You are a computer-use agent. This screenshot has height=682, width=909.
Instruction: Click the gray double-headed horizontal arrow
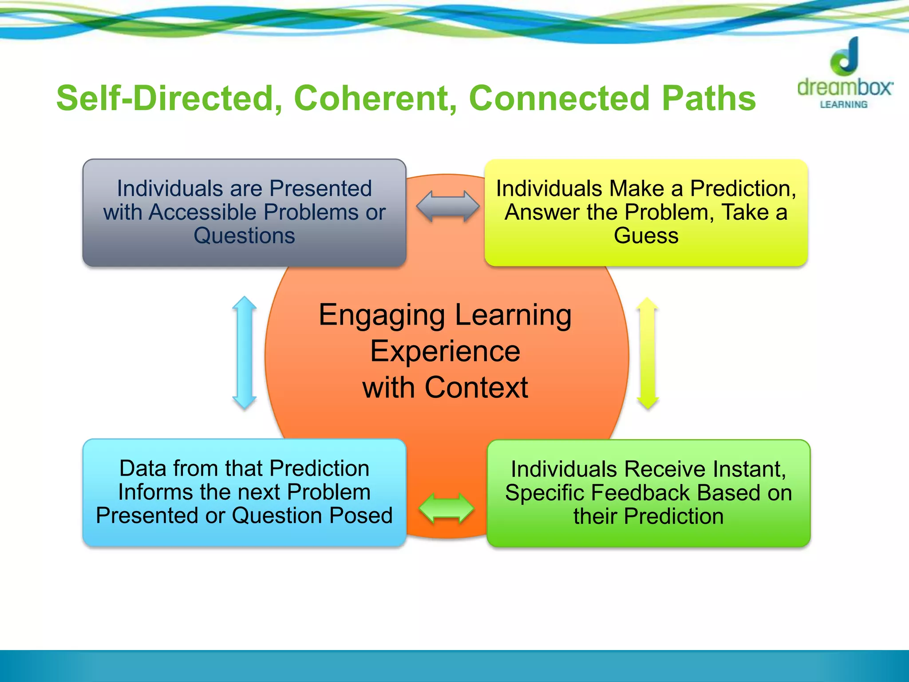point(448,206)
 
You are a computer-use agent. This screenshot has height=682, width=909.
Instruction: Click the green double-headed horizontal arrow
point(447,508)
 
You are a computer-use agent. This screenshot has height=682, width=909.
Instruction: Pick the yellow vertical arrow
point(648,353)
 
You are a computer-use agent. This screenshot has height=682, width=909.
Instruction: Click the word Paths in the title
point(708,98)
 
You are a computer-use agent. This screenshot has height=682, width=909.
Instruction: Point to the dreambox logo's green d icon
point(845,57)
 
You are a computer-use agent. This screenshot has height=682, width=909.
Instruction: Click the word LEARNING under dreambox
point(843,105)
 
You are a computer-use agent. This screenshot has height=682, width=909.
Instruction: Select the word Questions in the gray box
point(244,236)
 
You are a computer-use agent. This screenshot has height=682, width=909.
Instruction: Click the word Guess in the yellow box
point(646,236)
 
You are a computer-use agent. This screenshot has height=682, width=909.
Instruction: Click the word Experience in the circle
point(445,352)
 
